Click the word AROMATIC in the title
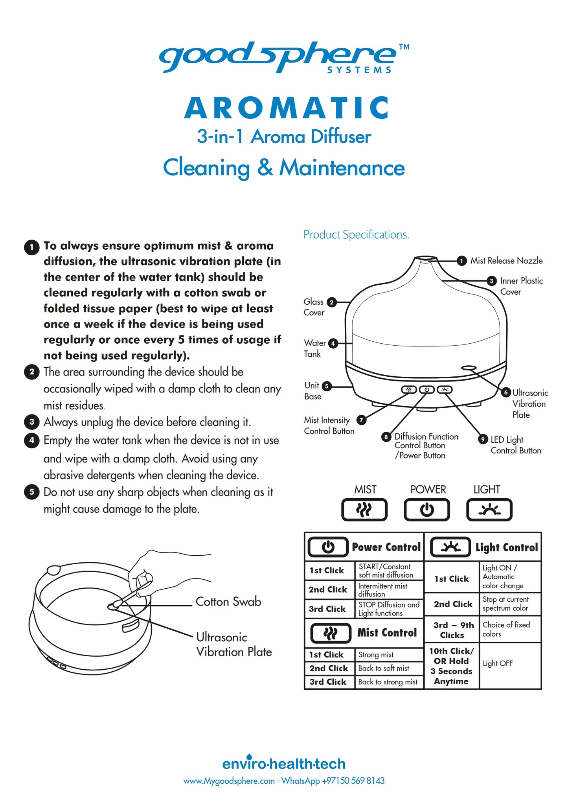287,108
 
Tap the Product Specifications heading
356,235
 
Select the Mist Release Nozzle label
506,261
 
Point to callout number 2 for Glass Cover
332,302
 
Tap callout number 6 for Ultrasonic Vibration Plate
506,392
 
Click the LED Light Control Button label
515,445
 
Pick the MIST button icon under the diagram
364,510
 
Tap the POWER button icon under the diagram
427,510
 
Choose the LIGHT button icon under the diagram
489,510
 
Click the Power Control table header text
386,547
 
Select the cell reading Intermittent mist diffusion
382,590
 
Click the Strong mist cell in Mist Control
376,655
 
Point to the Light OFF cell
498,663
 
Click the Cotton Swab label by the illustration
228,602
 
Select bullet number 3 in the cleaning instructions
32,422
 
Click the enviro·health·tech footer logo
284,763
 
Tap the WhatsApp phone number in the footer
353,781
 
